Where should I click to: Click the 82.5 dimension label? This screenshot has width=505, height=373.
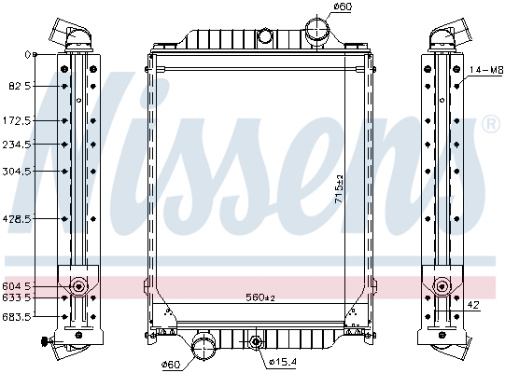click(x=19, y=86)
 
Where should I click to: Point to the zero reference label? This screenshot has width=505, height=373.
click(x=27, y=54)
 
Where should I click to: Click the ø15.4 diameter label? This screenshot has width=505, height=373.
click(x=283, y=361)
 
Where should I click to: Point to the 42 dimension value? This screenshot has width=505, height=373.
click(x=473, y=304)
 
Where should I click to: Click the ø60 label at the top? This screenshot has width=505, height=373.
click(x=317, y=7)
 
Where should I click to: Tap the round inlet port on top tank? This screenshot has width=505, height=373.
click(x=265, y=36)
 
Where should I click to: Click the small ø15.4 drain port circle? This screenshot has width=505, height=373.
click(x=256, y=342)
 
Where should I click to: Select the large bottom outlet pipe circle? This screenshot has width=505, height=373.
click(x=203, y=348)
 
